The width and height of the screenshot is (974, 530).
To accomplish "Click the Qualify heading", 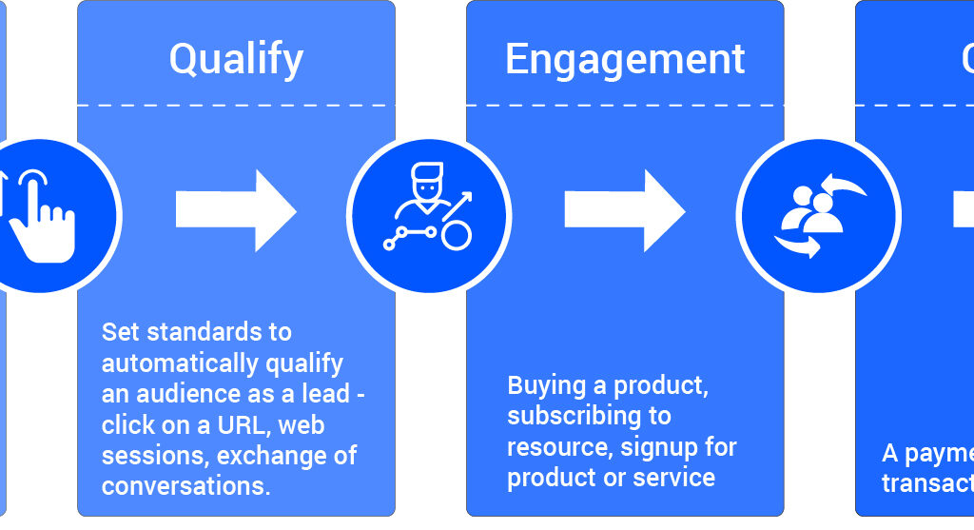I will coord(236,60).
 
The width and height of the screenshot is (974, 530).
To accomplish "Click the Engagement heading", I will coord(625,60).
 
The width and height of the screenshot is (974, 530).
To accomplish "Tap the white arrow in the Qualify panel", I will coord(236,210).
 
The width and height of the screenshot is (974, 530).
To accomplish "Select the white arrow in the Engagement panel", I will coord(625,210).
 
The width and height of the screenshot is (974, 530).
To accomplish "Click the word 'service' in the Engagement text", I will coord(673,477).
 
